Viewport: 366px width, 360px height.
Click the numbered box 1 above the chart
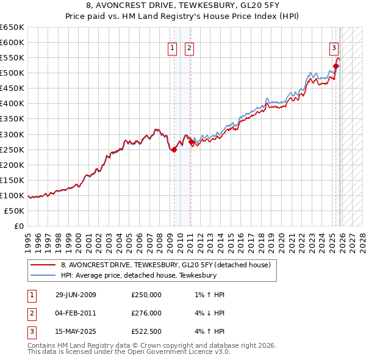[173, 49]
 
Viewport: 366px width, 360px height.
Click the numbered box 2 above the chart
[189, 49]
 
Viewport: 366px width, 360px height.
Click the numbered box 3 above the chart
[334, 49]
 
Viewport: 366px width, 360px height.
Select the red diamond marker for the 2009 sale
[174, 149]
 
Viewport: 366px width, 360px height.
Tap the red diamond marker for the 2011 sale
[191, 142]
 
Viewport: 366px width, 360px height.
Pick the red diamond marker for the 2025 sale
[335, 66]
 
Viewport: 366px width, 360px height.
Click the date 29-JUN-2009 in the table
[76, 295]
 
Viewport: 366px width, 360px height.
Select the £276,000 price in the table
[146, 313]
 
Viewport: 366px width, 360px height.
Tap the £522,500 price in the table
[146, 331]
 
